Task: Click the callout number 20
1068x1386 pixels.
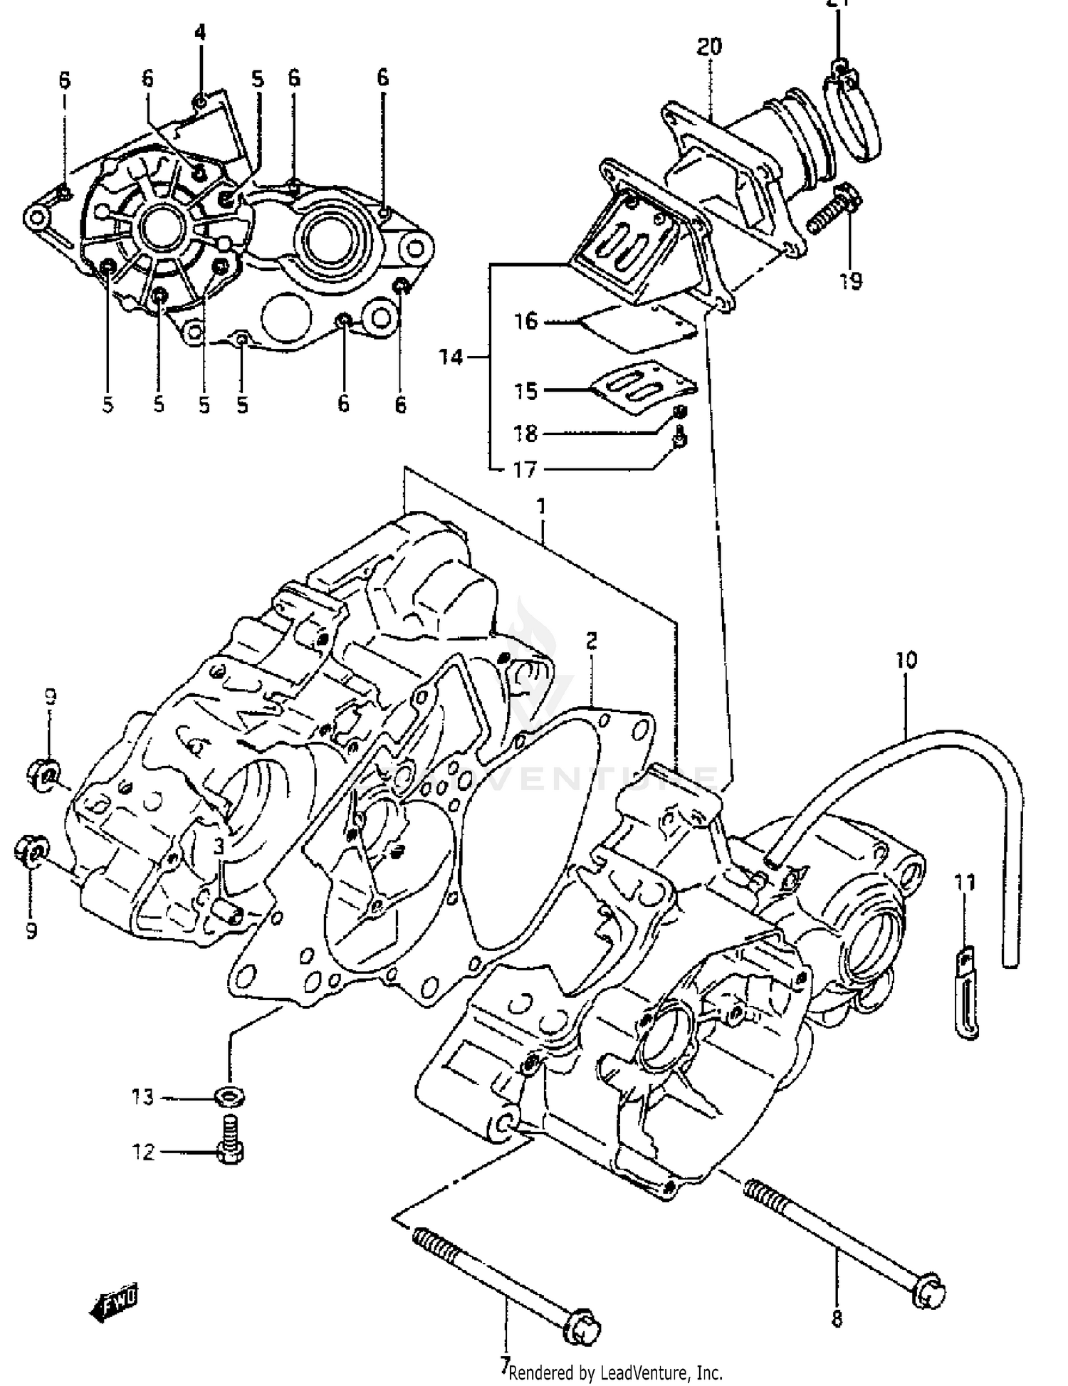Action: coord(709,47)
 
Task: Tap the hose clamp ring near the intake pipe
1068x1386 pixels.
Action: coord(852,117)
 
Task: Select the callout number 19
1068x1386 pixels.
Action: coord(849,281)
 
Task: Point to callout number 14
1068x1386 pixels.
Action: coord(451,357)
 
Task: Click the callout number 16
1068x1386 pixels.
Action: coord(526,321)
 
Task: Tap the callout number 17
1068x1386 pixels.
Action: coord(525,470)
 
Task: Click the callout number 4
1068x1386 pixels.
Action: coord(200,32)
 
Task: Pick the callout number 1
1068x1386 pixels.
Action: coord(541,506)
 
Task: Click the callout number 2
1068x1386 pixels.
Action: coord(592,641)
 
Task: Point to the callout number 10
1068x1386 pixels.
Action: coord(906,660)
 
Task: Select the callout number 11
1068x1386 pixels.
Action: coord(965,883)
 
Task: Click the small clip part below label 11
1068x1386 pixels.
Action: coord(966,994)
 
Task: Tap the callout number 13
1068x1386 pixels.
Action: coord(142,1097)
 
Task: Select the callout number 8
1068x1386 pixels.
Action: coord(837,1319)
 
